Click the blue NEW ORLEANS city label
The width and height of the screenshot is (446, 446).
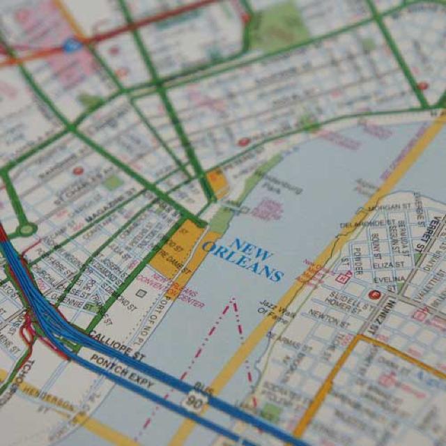click(243, 258)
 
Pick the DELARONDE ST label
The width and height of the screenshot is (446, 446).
click(362, 224)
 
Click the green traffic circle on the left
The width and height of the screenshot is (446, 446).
click(26, 228)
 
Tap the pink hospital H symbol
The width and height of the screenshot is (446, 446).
click(342, 277)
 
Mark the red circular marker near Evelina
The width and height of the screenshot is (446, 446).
click(375, 295)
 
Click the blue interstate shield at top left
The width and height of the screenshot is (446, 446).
click(72, 46)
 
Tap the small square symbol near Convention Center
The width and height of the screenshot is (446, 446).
click(141, 293)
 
